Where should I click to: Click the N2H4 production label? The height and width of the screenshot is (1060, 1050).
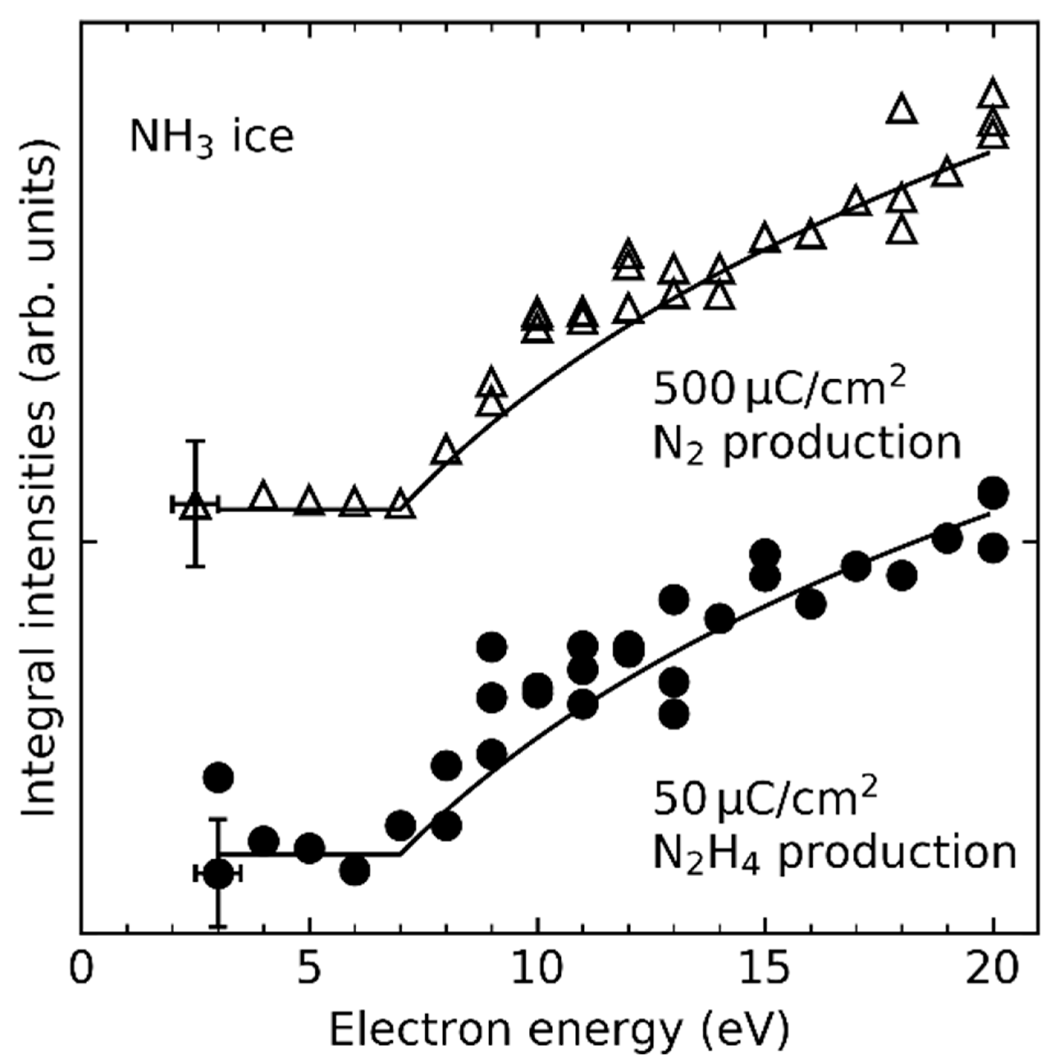tap(834, 854)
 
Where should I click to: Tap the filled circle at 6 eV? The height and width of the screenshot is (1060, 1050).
tap(355, 870)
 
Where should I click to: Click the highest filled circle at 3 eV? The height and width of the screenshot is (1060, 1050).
tap(218, 777)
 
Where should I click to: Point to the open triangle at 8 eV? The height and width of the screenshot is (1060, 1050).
tap(446, 451)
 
